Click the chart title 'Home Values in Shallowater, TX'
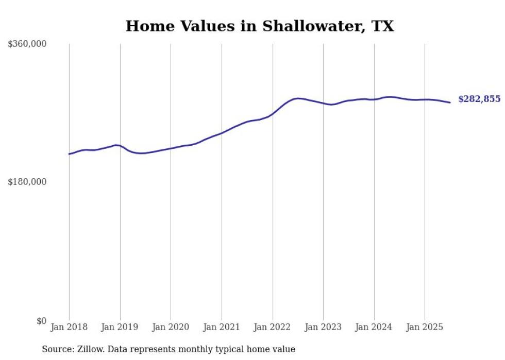(260, 26)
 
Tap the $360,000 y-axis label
(27, 44)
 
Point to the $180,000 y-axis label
(27, 182)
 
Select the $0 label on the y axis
(41, 321)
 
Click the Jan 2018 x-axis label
(69, 327)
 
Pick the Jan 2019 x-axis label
(120, 327)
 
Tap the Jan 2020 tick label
(171, 327)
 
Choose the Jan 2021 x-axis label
(222, 327)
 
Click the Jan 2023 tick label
(323, 327)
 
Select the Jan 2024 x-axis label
(374, 327)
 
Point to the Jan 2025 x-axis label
(425, 327)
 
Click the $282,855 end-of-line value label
(479, 99)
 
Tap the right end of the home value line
(450, 102)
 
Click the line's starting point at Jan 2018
(69, 154)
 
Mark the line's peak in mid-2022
(298, 98)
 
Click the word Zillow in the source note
(88, 350)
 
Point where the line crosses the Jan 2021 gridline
(222, 133)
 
